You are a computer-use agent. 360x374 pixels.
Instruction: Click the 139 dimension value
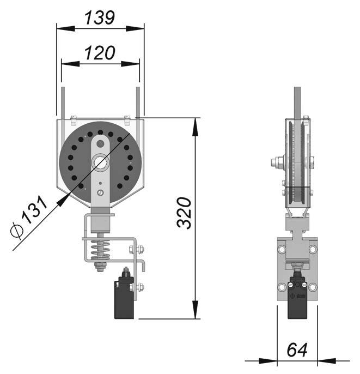click(x=100, y=17)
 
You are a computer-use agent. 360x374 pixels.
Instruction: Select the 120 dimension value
click(x=100, y=53)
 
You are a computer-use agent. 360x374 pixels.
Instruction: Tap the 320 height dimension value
click(x=184, y=213)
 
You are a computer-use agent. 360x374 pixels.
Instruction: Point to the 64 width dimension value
click(x=297, y=350)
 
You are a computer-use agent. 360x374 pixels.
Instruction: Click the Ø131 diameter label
click(x=29, y=216)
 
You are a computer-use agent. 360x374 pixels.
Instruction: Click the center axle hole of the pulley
click(x=100, y=162)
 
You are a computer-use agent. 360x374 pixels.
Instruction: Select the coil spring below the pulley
click(x=100, y=250)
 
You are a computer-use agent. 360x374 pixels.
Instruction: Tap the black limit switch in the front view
click(x=124, y=295)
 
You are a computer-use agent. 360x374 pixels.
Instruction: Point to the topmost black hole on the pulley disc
click(x=100, y=132)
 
